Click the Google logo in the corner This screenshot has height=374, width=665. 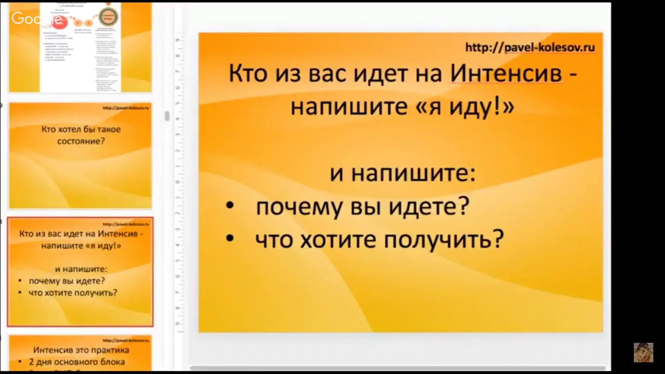tap(39, 19)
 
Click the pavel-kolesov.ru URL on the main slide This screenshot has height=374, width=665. tap(530, 48)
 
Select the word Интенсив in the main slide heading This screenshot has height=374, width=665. tap(506, 74)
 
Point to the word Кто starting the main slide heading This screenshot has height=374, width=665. tap(247, 74)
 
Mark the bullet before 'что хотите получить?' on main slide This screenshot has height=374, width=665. tap(230, 239)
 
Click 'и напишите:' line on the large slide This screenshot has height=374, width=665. tap(403, 173)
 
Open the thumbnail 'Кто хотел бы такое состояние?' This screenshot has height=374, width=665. tap(81, 155)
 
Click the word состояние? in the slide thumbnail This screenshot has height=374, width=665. tap(81, 140)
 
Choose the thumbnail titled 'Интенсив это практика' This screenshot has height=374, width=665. tap(81, 350)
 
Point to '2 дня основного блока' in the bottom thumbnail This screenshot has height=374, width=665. tap(77, 362)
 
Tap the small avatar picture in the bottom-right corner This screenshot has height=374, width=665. tap(643, 352)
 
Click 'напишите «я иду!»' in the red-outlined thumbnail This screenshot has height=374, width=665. tap(82, 246)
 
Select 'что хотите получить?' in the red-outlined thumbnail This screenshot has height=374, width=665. tap(73, 292)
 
